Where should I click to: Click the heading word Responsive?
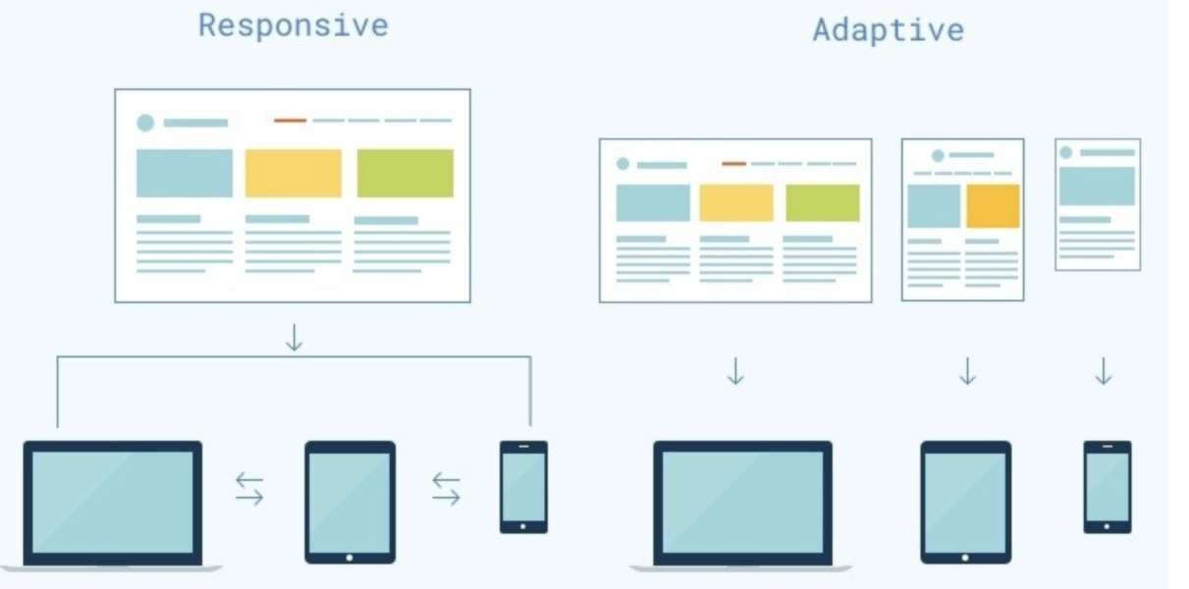293,26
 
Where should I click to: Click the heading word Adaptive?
888,29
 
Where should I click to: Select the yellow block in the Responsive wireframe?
293,173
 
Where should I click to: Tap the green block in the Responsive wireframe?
405,173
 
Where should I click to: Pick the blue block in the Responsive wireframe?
185,173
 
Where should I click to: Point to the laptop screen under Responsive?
112,501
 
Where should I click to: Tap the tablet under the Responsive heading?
350,501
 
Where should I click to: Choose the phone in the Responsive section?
523,487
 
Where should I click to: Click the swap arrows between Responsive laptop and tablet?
249,488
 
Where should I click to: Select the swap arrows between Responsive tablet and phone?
446,488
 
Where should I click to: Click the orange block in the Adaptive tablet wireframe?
993,206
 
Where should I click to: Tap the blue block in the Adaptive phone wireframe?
1097,186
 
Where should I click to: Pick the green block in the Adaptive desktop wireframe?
823,202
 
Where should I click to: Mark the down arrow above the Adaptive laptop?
735,371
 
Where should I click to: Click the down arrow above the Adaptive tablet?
967,371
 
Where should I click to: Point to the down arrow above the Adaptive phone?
1104,371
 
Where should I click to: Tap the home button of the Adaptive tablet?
965,557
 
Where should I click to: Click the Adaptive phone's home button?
1108,526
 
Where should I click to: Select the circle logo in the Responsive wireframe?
145,123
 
